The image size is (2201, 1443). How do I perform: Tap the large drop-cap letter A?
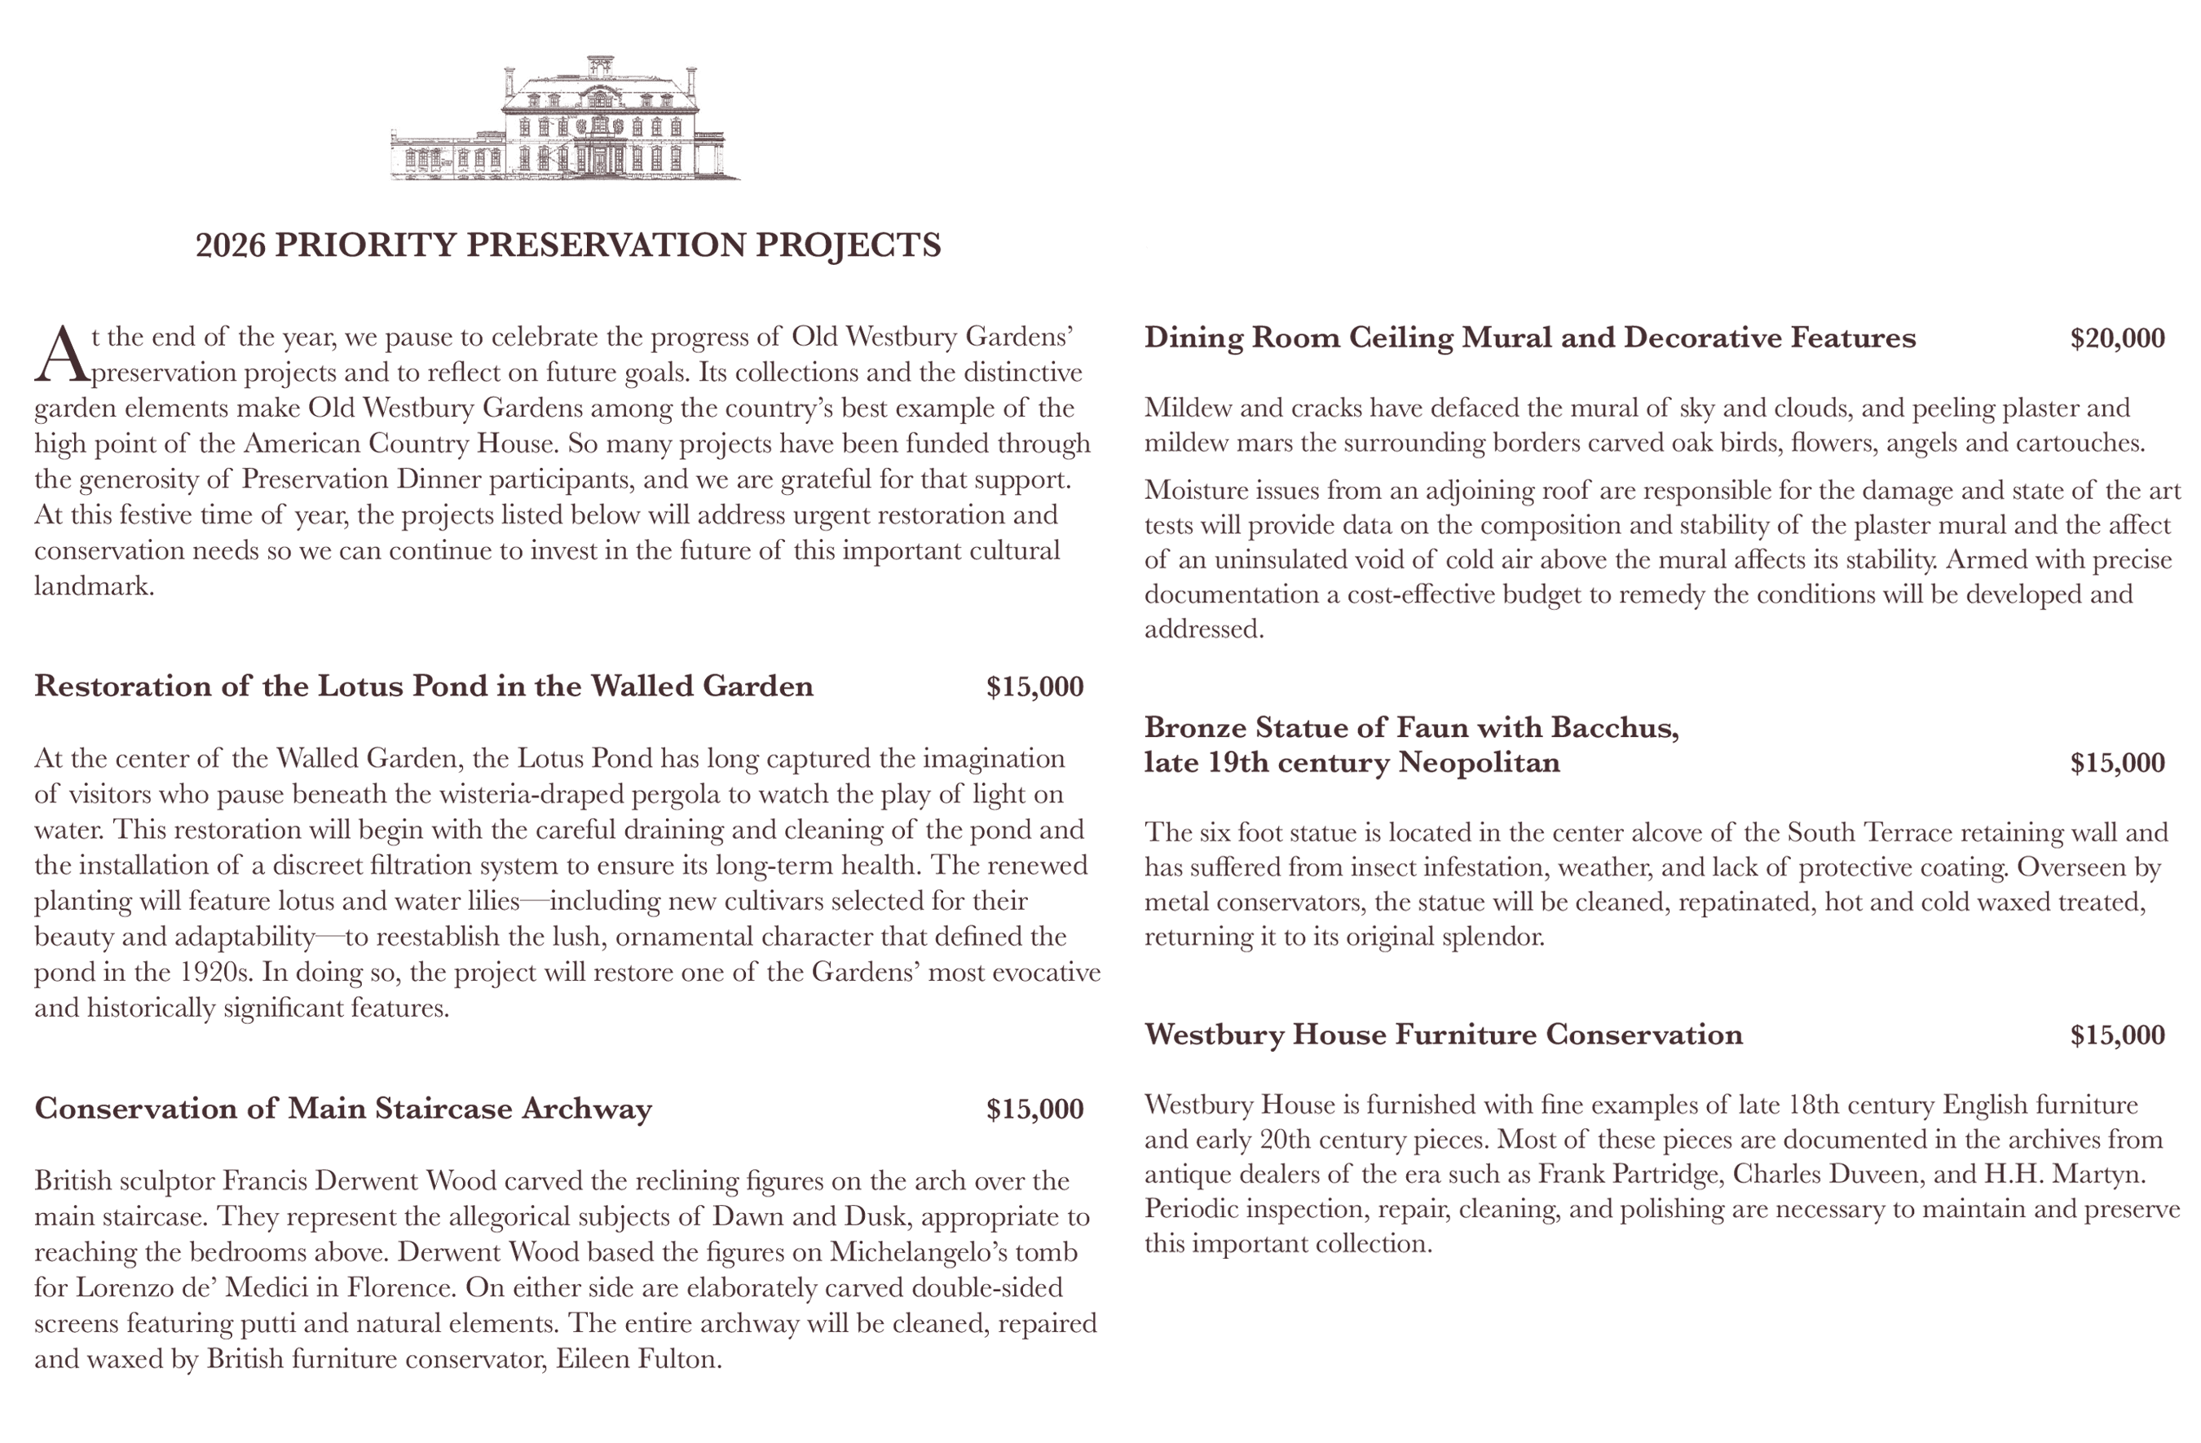pos(61,355)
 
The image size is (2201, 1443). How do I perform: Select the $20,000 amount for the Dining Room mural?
pos(2117,338)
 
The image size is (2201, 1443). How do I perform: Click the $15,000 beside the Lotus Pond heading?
pos(1034,686)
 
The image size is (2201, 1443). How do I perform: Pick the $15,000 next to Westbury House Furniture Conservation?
pos(2117,1034)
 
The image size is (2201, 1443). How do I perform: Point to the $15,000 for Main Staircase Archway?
pos(1034,1108)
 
